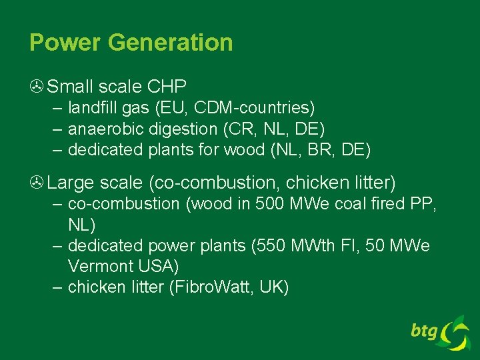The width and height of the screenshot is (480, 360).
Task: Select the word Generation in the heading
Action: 170,43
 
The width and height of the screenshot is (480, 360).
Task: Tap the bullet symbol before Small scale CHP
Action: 37,87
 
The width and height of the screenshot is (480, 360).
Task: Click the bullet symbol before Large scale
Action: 37,182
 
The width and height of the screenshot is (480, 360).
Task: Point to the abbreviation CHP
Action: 167,87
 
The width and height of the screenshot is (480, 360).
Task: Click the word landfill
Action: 91,107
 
